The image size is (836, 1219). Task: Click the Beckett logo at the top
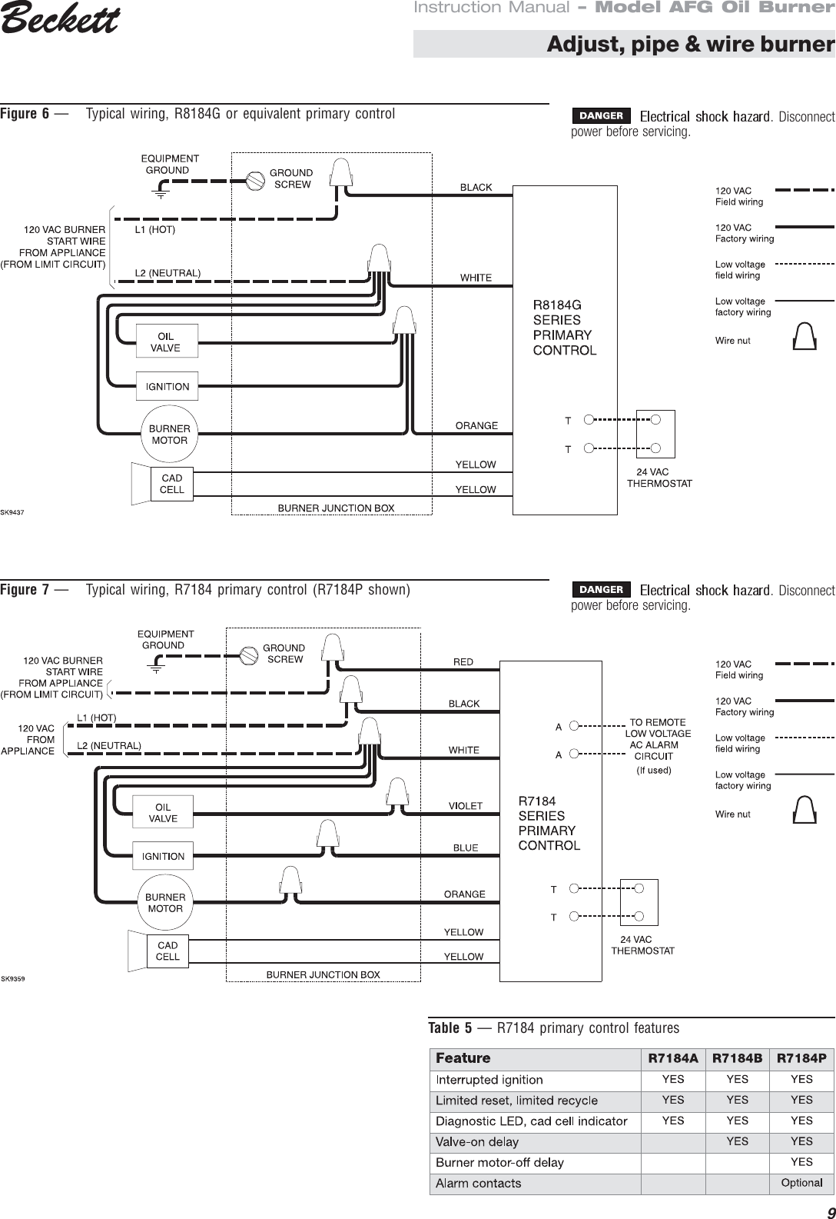click(x=60, y=21)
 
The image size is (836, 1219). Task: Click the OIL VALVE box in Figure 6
click(x=166, y=341)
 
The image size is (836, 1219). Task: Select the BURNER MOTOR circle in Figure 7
click(x=165, y=903)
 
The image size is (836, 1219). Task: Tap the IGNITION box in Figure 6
click(x=167, y=387)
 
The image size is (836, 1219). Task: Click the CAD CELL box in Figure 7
click(x=168, y=951)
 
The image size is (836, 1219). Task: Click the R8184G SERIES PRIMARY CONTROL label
click(x=565, y=327)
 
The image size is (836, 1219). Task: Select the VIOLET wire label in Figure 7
click(x=466, y=806)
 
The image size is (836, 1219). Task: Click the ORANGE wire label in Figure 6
click(x=476, y=425)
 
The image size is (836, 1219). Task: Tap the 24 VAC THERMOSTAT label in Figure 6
click(x=659, y=478)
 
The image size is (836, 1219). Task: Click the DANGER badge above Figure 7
click(x=601, y=590)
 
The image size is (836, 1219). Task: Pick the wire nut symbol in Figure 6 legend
click(x=804, y=336)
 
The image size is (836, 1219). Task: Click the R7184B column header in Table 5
click(x=738, y=1058)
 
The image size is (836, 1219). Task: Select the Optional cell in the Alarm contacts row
click(x=801, y=1183)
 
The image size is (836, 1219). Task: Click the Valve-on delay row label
click(x=477, y=1142)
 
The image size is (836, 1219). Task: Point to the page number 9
click(x=826, y=1209)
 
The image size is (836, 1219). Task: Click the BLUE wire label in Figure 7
click(x=466, y=848)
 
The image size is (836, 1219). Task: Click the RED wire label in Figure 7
click(x=463, y=662)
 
